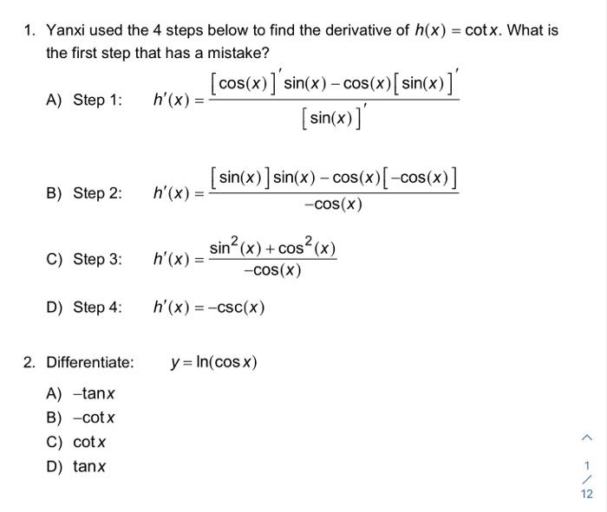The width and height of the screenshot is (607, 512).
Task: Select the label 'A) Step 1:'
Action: point(84,100)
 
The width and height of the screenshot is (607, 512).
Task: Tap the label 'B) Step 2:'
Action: point(84,192)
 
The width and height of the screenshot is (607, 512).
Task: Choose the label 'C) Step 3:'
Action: point(84,259)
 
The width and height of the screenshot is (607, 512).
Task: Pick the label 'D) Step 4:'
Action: point(84,307)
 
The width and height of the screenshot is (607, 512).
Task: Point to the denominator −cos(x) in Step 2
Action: point(334,205)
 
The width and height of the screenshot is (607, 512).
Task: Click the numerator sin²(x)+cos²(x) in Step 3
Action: point(272,249)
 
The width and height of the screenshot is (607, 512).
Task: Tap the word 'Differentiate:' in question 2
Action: point(90,362)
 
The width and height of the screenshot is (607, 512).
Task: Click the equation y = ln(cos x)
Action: point(213,362)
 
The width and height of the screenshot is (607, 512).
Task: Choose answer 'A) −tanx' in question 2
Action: point(81,394)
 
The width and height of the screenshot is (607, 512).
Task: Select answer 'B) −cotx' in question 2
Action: point(81,418)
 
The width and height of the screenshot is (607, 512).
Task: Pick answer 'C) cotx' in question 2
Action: point(76,442)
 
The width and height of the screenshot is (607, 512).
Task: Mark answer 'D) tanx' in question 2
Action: point(76,466)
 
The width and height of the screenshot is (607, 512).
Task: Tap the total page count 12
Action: point(586,494)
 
